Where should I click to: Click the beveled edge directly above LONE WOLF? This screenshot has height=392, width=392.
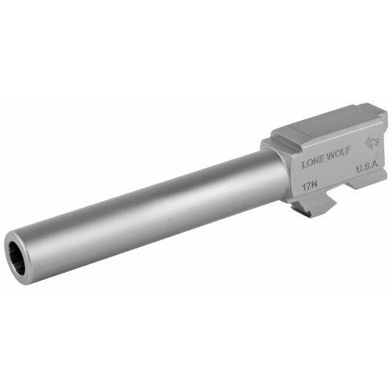321,149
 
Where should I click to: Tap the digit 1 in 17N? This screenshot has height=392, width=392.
304,189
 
